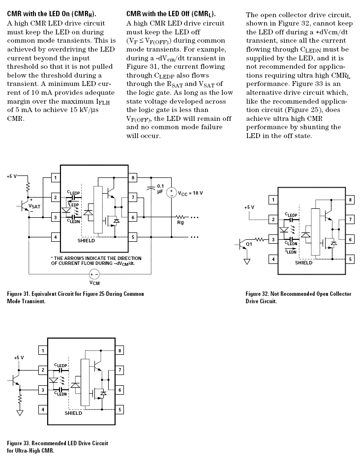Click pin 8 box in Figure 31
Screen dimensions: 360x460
pyautogui.click(x=133, y=177)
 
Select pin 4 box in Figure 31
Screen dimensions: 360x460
pyautogui.click(x=56, y=237)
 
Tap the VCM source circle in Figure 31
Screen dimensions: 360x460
pyautogui.click(x=94, y=274)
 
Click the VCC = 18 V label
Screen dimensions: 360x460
pyautogui.click(x=190, y=193)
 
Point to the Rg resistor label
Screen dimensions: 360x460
pyautogui.click(x=180, y=223)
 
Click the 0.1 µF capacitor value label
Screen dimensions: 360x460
pyautogui.click(x=160, y=189)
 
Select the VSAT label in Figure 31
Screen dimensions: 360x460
pyautogui.click(x=34, y=206)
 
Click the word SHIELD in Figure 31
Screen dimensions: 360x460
pyautogui.click(x=86, y=240)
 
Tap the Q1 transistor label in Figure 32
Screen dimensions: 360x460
pyautogui.click(x=249, y=244)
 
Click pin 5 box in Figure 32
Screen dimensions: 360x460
pyautogui.click(x=350, y=259)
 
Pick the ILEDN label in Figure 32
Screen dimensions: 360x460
pyautogui.click(x=291, y=252)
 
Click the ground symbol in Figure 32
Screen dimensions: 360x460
pyautogui.click(x=247, y=261)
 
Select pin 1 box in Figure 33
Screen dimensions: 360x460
pyautogui.click(x=43, y=350)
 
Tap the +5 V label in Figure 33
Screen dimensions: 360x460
pyautogui.click(x=19, y=358)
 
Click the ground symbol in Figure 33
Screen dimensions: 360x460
pyautogui.click(x=20, y=413)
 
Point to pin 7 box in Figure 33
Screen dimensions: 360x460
pyautogui.click(x=120, y=370)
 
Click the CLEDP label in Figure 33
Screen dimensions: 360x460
pyautogui.click(x=61, y=366)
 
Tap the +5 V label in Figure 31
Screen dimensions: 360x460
pyautogui.click(x=11, y=176)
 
